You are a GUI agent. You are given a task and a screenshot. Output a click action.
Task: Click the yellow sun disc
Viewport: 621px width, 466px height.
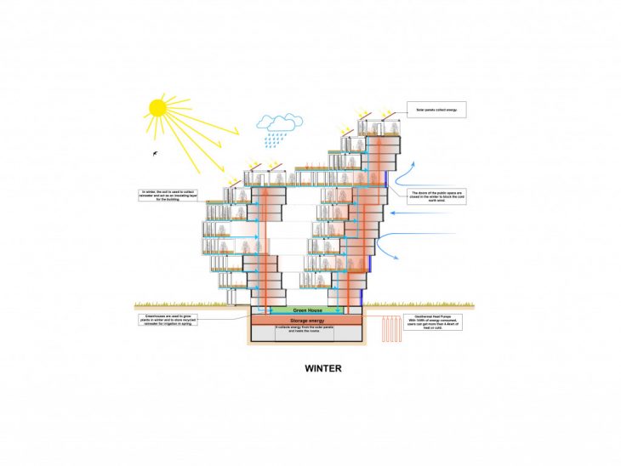click(157, 108)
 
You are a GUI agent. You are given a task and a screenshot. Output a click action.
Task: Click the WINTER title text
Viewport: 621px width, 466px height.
click(322, 369)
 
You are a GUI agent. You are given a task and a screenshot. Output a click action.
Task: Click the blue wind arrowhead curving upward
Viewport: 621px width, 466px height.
click(413, 162)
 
